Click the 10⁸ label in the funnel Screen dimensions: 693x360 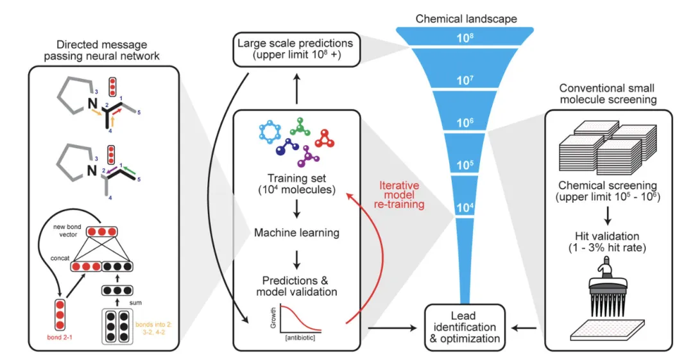point(465,38)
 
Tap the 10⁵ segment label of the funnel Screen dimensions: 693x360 point(465,165)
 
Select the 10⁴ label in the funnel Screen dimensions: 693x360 point(465,207)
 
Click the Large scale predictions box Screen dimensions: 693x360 point(296,49)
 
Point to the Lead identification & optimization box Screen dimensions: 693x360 point(465,327)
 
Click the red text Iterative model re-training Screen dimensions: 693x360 point(400,194)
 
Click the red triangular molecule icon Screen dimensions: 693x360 point(325,138)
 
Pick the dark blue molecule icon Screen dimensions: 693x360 point(287,148)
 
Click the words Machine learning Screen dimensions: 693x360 point(296,233)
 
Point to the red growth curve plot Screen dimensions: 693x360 point(296,320)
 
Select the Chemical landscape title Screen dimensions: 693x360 point(466,19)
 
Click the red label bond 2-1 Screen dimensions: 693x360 point(60,337)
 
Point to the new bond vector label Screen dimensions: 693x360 point(67,230)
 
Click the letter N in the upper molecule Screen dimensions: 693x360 point(92,103)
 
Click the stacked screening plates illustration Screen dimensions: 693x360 point(608,148)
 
